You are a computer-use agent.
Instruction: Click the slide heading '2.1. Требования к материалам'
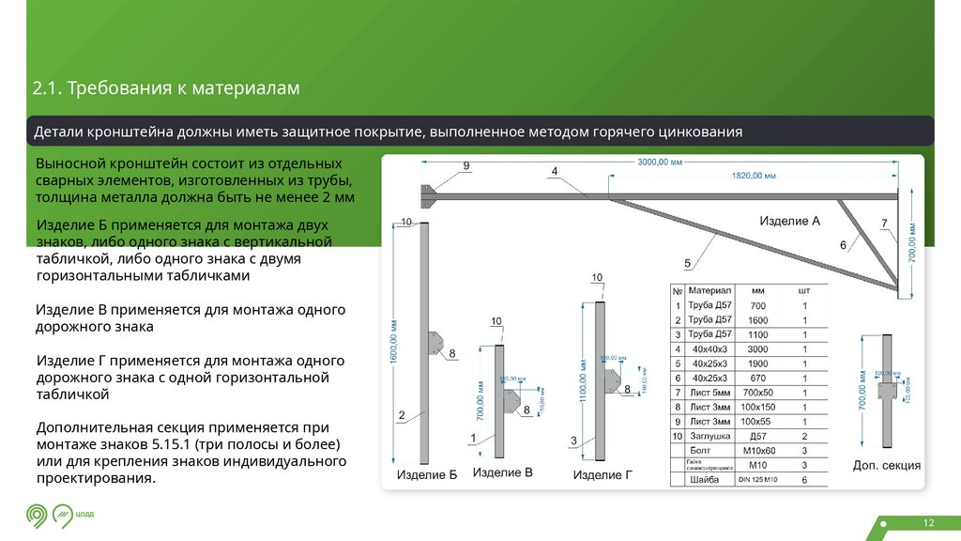[x=166, y=89]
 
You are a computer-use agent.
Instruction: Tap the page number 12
[x=929, y=522]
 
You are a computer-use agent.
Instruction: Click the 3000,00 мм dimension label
[x=661, y=162]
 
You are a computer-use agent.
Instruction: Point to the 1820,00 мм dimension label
[x=754, y=176]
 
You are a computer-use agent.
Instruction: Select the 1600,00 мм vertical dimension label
[x=394, y=344]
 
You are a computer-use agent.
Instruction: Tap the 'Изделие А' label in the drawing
[x=789, y=222]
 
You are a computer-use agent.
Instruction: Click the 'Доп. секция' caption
[x=886, y=466]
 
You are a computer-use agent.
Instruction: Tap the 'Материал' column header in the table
[x=709, y=290]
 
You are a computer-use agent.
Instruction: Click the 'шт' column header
[x=803, y=290]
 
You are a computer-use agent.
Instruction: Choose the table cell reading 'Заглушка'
[x=709, y=436]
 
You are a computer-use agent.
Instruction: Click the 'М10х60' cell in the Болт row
[x=758, y=451]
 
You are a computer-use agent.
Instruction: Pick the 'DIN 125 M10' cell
[x=758, y=480]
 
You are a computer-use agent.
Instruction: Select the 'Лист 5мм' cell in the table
[x=709, y=392]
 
